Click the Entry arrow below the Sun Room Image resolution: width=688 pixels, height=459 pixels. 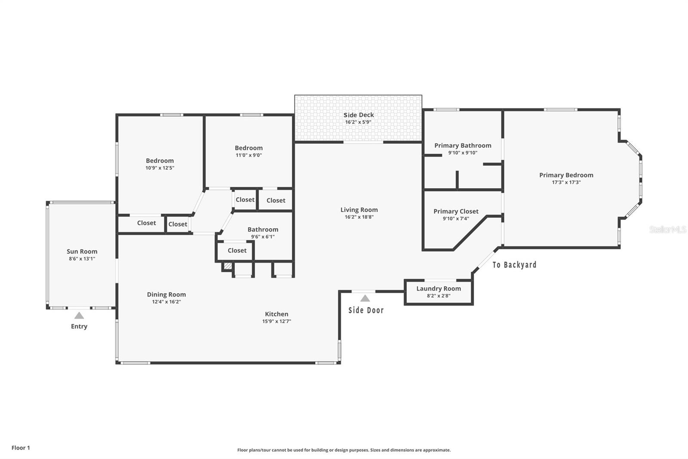[79, 316]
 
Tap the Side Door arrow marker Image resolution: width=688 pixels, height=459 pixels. [365, 298]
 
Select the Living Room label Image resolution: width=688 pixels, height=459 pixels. [359, 210]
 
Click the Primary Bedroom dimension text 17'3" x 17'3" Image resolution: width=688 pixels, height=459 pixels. [566, 182]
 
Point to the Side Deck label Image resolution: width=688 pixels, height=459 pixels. [359, 115]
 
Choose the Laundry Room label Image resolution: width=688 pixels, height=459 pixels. [438, 288]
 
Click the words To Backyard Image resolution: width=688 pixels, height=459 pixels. [514, 265]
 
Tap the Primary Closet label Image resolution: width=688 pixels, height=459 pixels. [456, 211]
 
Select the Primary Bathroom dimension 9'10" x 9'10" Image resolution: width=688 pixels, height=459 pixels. [463, 152]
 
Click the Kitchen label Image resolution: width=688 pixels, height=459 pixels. [276, 314]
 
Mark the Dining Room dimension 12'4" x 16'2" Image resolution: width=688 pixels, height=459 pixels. [166, 302]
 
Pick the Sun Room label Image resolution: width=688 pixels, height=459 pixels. [82, 251]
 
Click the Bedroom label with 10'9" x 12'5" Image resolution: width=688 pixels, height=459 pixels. [160, 161]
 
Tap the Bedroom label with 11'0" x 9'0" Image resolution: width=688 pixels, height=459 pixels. [249, 148]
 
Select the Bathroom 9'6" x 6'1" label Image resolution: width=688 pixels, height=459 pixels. [263, 229]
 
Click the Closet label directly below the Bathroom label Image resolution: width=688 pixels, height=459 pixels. [237, 250]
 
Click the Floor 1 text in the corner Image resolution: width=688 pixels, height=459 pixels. [21, 448]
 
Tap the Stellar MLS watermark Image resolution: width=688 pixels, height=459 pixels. [667, 229]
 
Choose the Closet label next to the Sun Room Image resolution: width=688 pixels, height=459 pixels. [146, 223]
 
